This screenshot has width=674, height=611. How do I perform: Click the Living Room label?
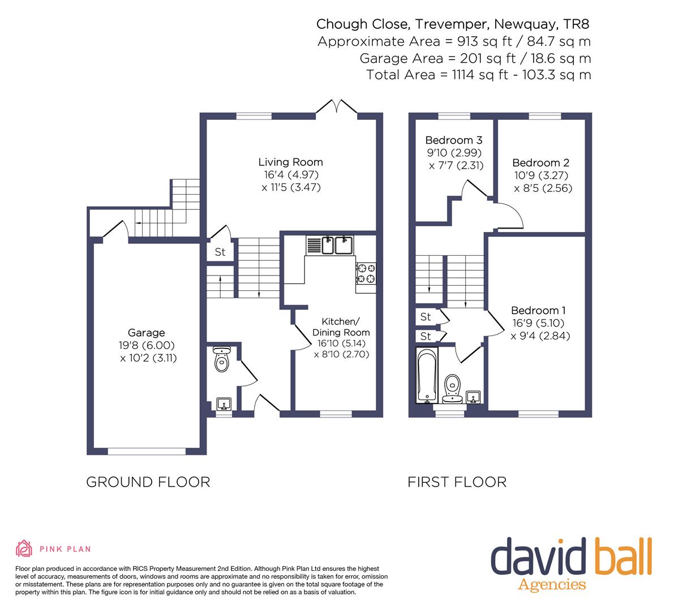point(290,162)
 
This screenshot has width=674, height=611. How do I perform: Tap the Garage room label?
point(146,333)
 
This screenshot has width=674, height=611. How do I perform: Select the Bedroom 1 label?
point(538,310)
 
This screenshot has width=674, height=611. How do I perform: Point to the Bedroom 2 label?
point(541,163)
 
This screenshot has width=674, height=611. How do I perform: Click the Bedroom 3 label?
point(454,140)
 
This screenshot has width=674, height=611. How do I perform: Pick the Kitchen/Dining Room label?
point(341,326)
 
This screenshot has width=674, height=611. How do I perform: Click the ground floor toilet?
point(221,359)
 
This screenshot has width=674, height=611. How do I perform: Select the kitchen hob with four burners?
point(366,273)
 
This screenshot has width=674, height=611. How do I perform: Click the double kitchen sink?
point(330,245)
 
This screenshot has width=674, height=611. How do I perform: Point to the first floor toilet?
point(452,389)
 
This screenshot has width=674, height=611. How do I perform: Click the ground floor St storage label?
point(220,252)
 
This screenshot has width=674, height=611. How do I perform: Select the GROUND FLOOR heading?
point(148,482)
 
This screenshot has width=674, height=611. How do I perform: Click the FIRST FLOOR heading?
point(457,482)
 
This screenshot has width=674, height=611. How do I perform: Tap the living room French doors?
point(337,107)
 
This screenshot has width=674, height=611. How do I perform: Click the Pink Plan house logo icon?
point(24,548)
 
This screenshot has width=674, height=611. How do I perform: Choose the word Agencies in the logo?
point(552,585)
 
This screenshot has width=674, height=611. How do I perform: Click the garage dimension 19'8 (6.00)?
point(147,346)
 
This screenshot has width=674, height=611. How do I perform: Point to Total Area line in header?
point(478,75)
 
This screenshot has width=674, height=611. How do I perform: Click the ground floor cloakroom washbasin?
point(224,404)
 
